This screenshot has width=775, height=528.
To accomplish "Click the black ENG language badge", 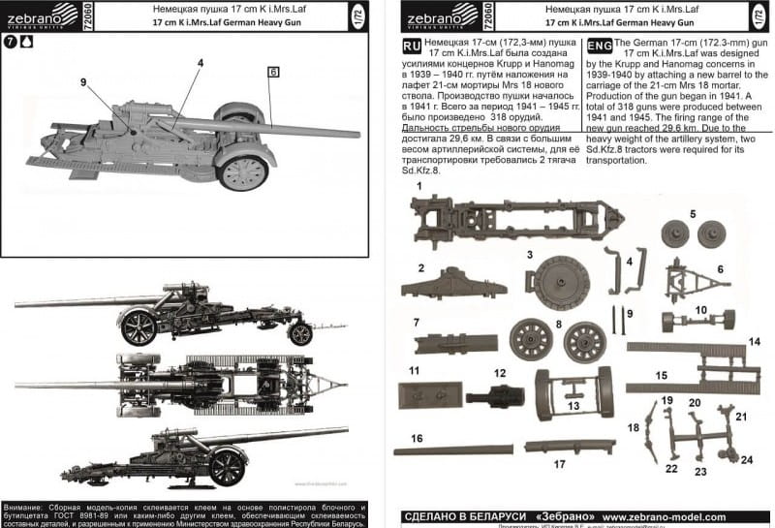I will tap(600, 46).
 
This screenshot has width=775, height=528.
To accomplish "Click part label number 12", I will tap(499, 372).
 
